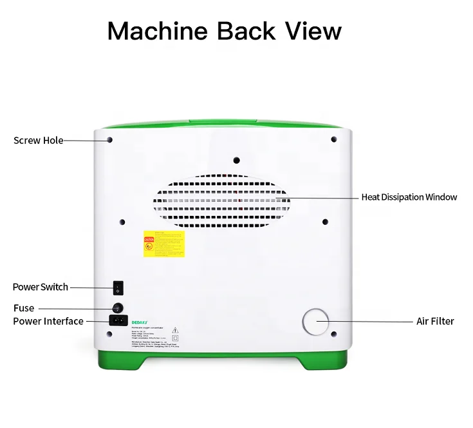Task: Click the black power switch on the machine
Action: point(118,287)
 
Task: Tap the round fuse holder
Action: point(118,307)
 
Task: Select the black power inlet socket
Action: point(118,320)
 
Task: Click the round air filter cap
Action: point(315,321)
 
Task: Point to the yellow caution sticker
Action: point(163,244)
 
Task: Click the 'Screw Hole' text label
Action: point(38,141)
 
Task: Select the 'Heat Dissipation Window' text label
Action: point(409,197)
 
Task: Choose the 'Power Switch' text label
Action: point(41,287)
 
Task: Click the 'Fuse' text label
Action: point(24,308)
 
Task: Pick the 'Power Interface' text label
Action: point(48,321)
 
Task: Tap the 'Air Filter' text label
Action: point(435,321)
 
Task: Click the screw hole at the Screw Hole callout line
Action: point(109,140)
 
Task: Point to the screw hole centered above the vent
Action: point(236,159)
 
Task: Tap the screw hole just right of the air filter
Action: point(334,334)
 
